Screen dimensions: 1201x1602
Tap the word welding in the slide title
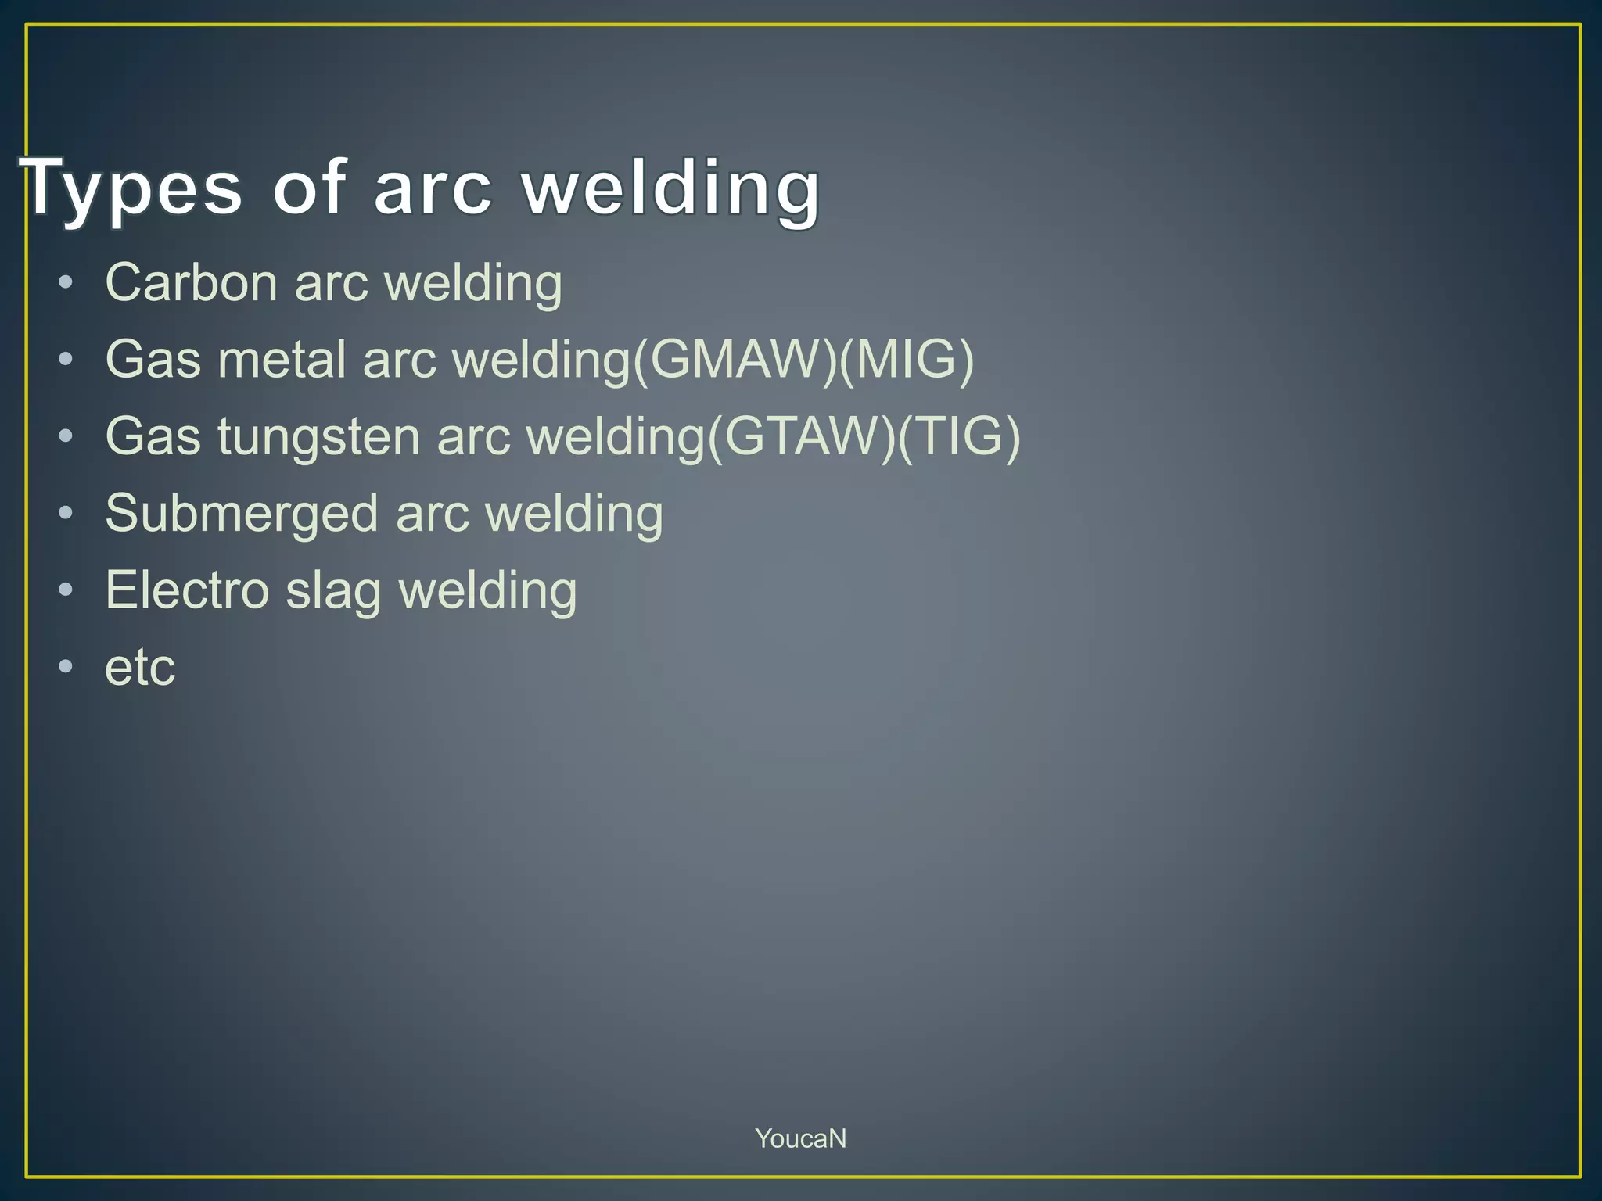tap(671, 188)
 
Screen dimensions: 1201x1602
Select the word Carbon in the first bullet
tap(191, 282)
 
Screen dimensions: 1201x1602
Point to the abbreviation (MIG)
tap(906, 360)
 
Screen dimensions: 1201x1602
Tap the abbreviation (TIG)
tap(959, 436)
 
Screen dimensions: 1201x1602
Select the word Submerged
tap(242, 514)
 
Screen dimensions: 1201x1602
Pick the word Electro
tap(188, 590)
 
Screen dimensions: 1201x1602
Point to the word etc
tap(140, 668)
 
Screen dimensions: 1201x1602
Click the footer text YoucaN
tap(800, 1138)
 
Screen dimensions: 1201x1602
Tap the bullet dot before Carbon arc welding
tap(66, 282)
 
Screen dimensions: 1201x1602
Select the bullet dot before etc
tap(66, 667)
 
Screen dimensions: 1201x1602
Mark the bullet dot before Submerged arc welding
tap(66, 513)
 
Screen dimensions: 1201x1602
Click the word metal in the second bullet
tap(282, 360)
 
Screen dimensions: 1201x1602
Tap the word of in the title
tap(308, 188)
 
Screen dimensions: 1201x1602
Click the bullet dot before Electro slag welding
tap(66, 590)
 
